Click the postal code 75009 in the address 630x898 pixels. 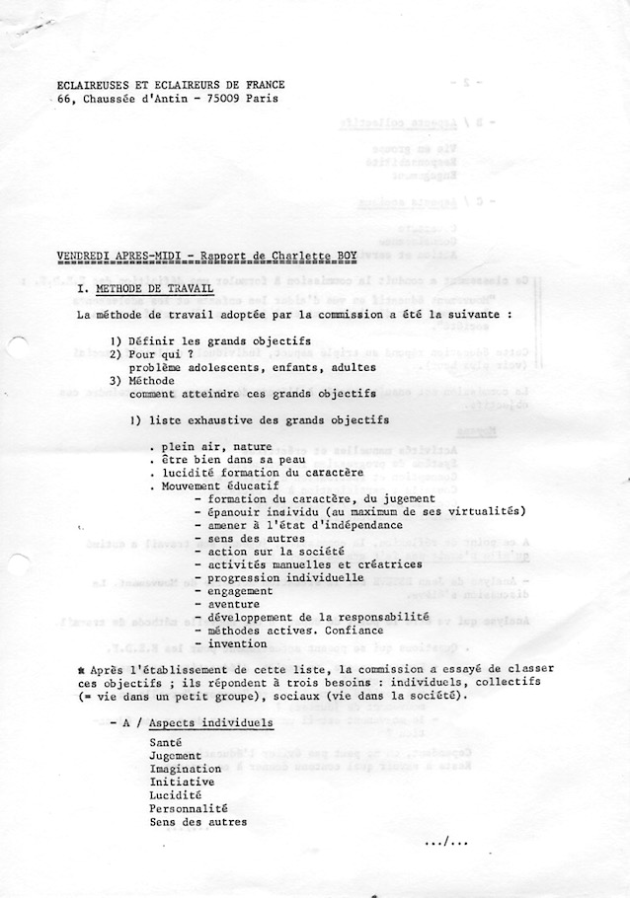pyautogui.click(x=231, y=99)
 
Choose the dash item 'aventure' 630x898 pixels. pyautogui.click(x=233, y=604)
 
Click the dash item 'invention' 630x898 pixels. pyautogui.click(x=237, y=643)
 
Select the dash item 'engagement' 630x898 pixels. pyautogui.click(x=240, y=591)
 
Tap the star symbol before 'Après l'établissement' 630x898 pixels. pyautogui.click(x=81, y=669)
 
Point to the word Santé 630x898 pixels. pyautogui.click(x=165, y=742)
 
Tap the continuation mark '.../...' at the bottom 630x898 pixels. pyautogui.click(x=446, y=842)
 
